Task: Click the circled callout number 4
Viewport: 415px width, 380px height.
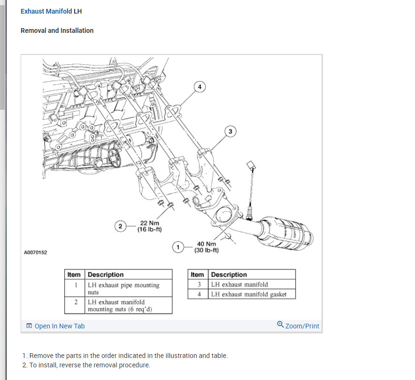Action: pyautogui.click(x=200, y=87)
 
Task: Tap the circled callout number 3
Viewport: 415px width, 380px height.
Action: pyautogui.click(x=230, y=131)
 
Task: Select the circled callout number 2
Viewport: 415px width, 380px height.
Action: pyautogui.click(x=120, y=226)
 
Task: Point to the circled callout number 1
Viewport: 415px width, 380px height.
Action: pyautogui.click(x=178, y=247)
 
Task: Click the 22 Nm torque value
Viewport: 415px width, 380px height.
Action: pyautogui.click(x=149, y=223)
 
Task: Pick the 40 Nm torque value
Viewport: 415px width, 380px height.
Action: pyautogui.click(x=207, y=244)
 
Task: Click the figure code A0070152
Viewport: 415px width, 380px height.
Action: pyautogui.click(x=35, y=253)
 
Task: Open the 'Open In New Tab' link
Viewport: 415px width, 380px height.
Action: pyautogui.click(x=59, y=326)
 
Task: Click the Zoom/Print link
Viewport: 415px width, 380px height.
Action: pyautogui.click(x=302, y=326)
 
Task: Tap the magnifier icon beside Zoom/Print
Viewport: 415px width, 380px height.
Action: pyautogui.click(x=280, y=324)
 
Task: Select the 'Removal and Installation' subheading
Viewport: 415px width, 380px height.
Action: pyautogui.click(x=57, y=30)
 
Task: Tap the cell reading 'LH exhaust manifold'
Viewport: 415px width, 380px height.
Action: pyautogui.click(x=239, y=284)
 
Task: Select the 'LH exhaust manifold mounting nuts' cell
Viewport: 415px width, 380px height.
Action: pyautogui.click(x=120, y=305)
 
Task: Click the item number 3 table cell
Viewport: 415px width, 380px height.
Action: pyautogui.click(x=199, y=284)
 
